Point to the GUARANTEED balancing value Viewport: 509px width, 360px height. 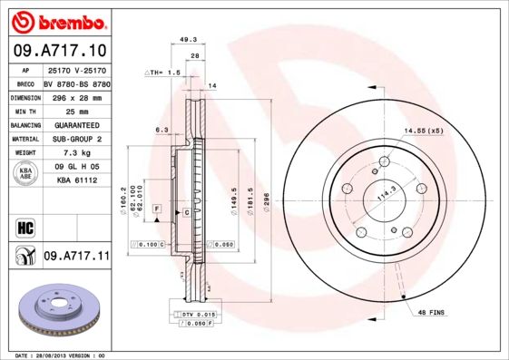[75, 124]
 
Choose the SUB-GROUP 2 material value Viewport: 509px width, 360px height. [75, 139]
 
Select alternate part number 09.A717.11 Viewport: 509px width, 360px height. [76, 257]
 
